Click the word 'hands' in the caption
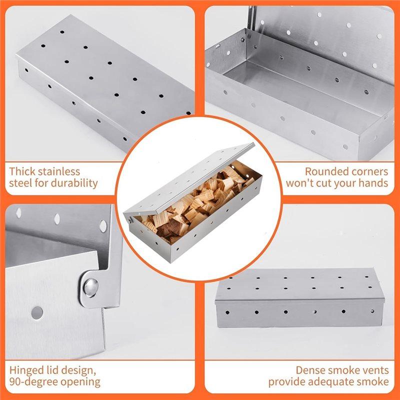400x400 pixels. [x=372, y=183]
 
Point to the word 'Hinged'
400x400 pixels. [x=26, y=370]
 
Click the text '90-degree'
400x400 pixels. [x=32, y=382]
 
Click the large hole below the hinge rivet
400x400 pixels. [x=37, y=313]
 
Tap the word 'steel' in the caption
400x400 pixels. [x=20, y=183]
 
